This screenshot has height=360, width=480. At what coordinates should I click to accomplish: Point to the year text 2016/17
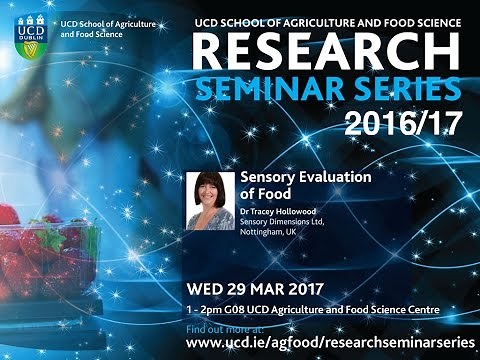click(x=405, y=124)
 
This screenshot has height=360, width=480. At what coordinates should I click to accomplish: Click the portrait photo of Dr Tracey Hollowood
click(x=210, y=200)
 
